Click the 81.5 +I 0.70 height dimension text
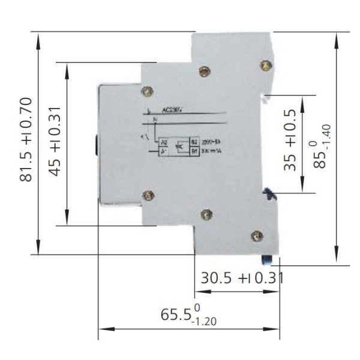click(26, 143)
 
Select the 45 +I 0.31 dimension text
click(55, 143)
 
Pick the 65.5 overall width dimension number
click(176, 314)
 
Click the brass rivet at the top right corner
click(264, 64)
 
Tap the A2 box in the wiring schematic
click(163, 142)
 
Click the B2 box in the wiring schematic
click(194, 142)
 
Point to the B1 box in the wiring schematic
click(194, 152)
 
